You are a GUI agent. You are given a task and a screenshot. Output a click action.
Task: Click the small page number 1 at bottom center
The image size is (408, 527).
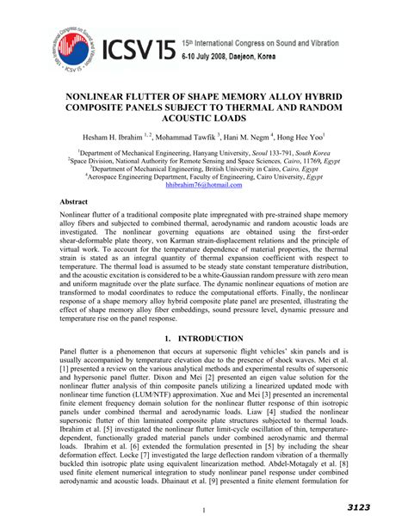coord(204,510)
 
